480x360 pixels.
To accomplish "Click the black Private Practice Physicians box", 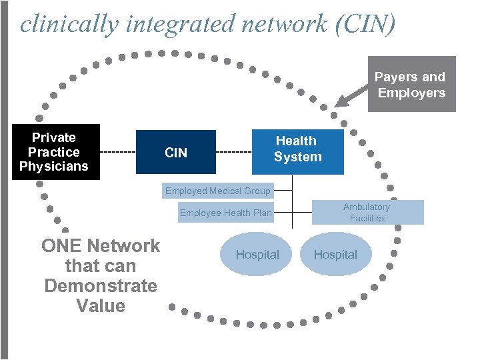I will [x=54, y=152].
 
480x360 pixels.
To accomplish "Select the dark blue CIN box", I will [x=176, y=153].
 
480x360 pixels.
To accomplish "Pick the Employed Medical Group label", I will [x=217, y=191].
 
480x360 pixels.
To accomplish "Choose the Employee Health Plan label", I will [x=225, y=213].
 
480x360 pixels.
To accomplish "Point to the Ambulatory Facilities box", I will [x=367, y=213].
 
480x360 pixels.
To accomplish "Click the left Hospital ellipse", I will [x=257, y=254].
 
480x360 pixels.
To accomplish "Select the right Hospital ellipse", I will [x=335, y=254].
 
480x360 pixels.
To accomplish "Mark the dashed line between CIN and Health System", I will [x=234, y=153].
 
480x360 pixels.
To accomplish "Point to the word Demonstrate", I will [x=101, y=286].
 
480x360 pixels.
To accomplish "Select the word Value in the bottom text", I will [x=101, y=306].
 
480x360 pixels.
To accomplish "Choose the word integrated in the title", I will [x=161, y=24].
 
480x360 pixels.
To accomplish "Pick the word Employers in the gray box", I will [x=411, y=93].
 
